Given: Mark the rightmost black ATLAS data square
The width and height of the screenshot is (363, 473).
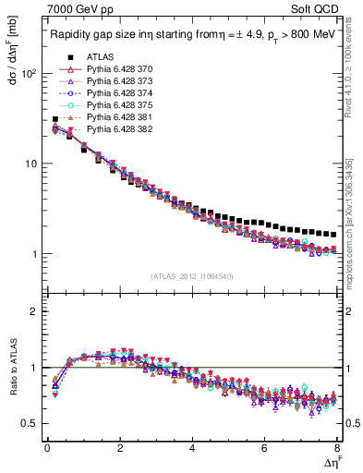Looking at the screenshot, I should [333, 235].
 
